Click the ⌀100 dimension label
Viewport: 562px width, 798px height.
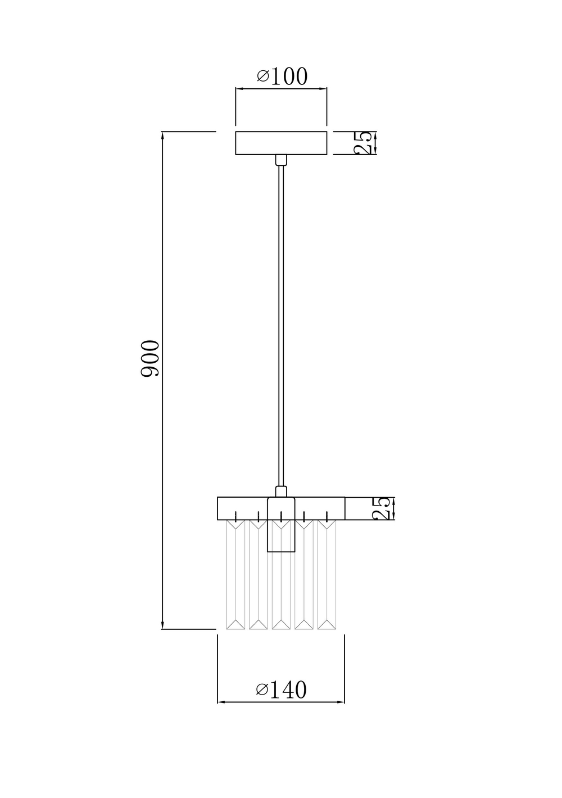(282, 76)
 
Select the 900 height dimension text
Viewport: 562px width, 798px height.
(150, 358)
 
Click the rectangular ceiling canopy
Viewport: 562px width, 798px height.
(281, 143)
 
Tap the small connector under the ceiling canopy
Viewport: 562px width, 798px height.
(281, 160)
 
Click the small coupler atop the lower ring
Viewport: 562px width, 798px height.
(281, 492)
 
